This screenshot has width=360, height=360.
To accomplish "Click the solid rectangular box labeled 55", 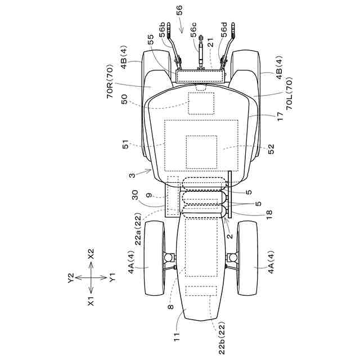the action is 200,76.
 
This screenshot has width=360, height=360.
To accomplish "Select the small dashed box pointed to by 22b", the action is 200,291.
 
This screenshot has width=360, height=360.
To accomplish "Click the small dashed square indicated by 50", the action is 201,103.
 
